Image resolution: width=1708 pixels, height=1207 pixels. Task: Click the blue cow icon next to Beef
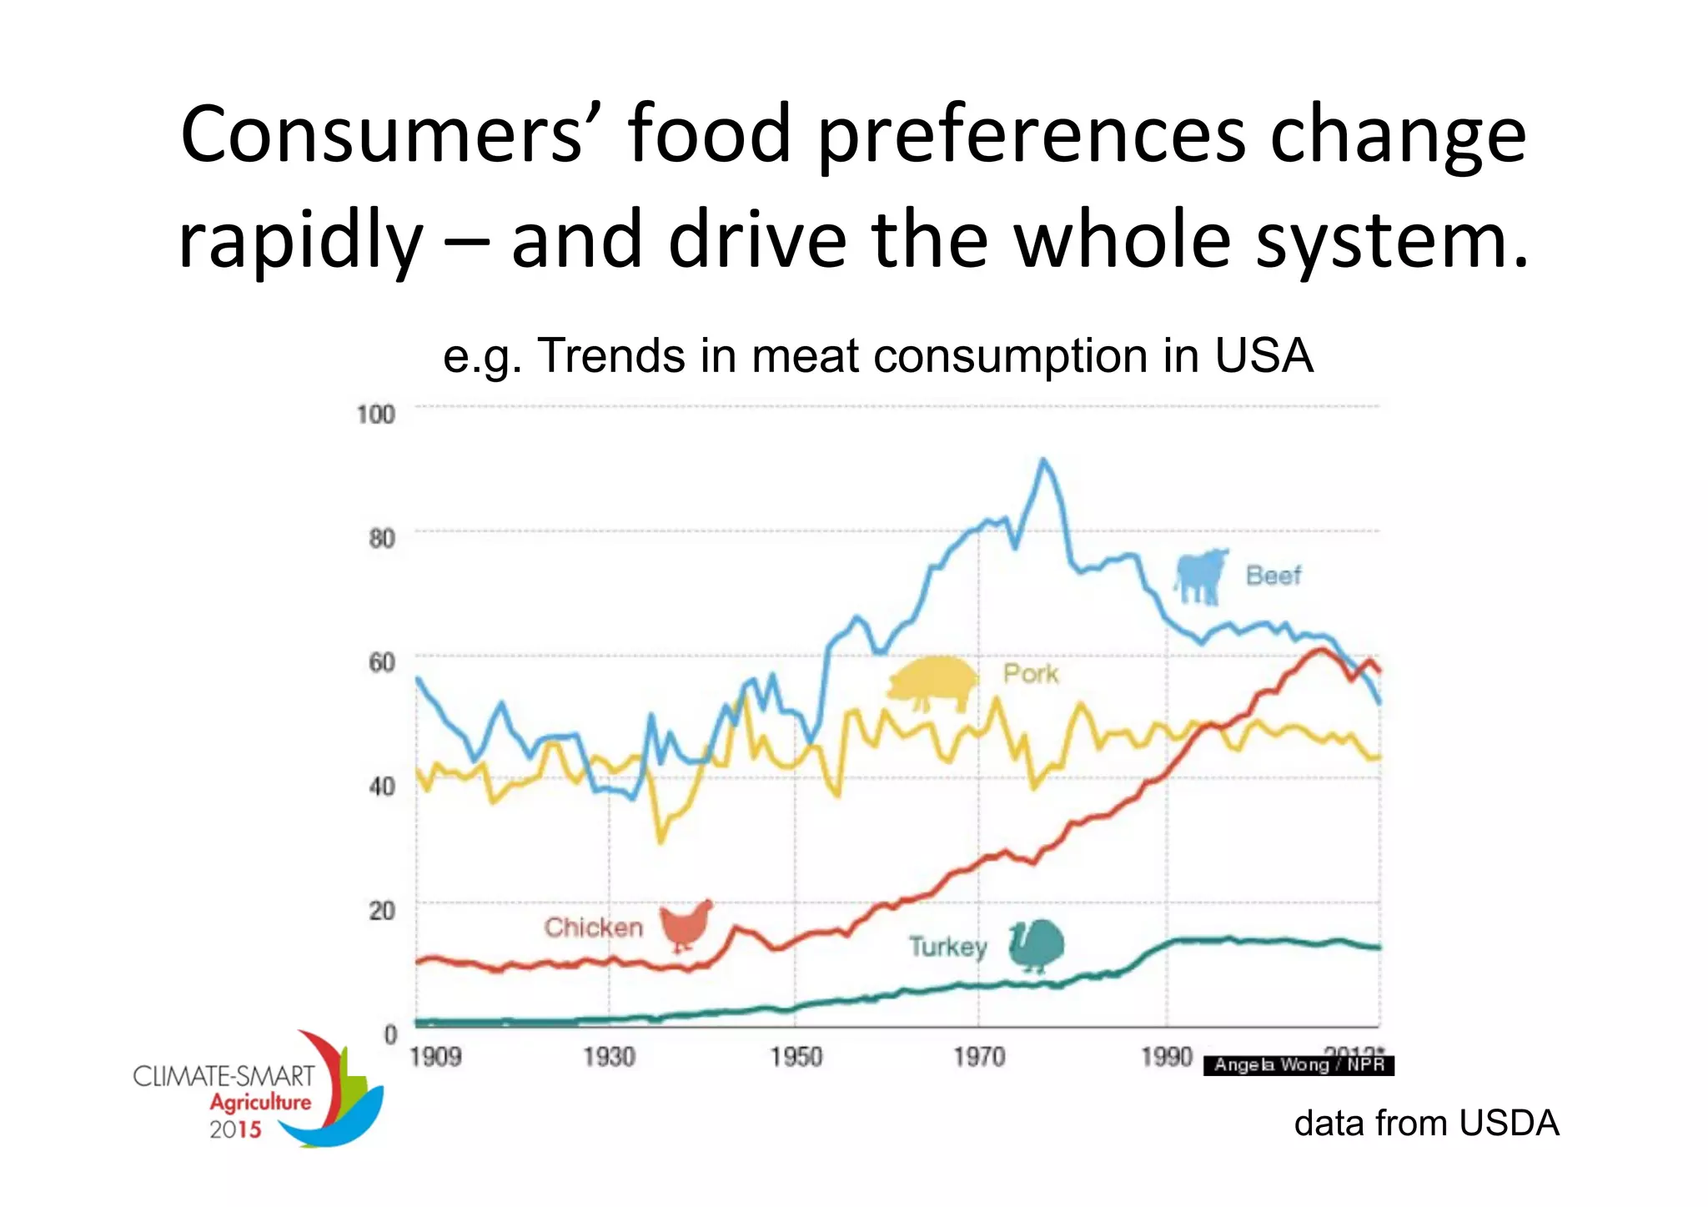pos(1201,576)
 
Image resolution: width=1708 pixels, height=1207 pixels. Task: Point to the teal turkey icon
pos(1037,946)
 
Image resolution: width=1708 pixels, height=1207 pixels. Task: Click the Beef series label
pos(1273,576)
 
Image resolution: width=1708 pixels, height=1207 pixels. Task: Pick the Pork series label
pos(1030,673)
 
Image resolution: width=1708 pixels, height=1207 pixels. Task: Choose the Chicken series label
pos(593,928)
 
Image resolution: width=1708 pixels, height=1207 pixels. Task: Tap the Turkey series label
pos(947,947)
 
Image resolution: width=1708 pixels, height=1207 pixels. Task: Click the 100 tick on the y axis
pos(375,415)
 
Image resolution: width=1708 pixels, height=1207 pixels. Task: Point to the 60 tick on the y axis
pos(381,662)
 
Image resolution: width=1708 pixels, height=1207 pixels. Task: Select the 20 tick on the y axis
pos(381,910)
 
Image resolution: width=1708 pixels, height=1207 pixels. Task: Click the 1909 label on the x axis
pos(435,1057)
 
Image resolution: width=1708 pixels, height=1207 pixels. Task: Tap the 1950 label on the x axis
pos(796,1057)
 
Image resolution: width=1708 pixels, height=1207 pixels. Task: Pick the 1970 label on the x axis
pos(979,1057)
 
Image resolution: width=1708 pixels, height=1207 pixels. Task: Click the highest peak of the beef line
pos(1042,460)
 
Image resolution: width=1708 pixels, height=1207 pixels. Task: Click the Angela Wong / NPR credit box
pos(1299,1065)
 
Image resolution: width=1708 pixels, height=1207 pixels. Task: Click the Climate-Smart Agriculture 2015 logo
pos(259,1093)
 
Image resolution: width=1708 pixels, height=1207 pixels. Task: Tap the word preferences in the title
pos(1031,135)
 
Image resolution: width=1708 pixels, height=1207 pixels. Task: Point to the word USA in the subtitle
pos(1263,356)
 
